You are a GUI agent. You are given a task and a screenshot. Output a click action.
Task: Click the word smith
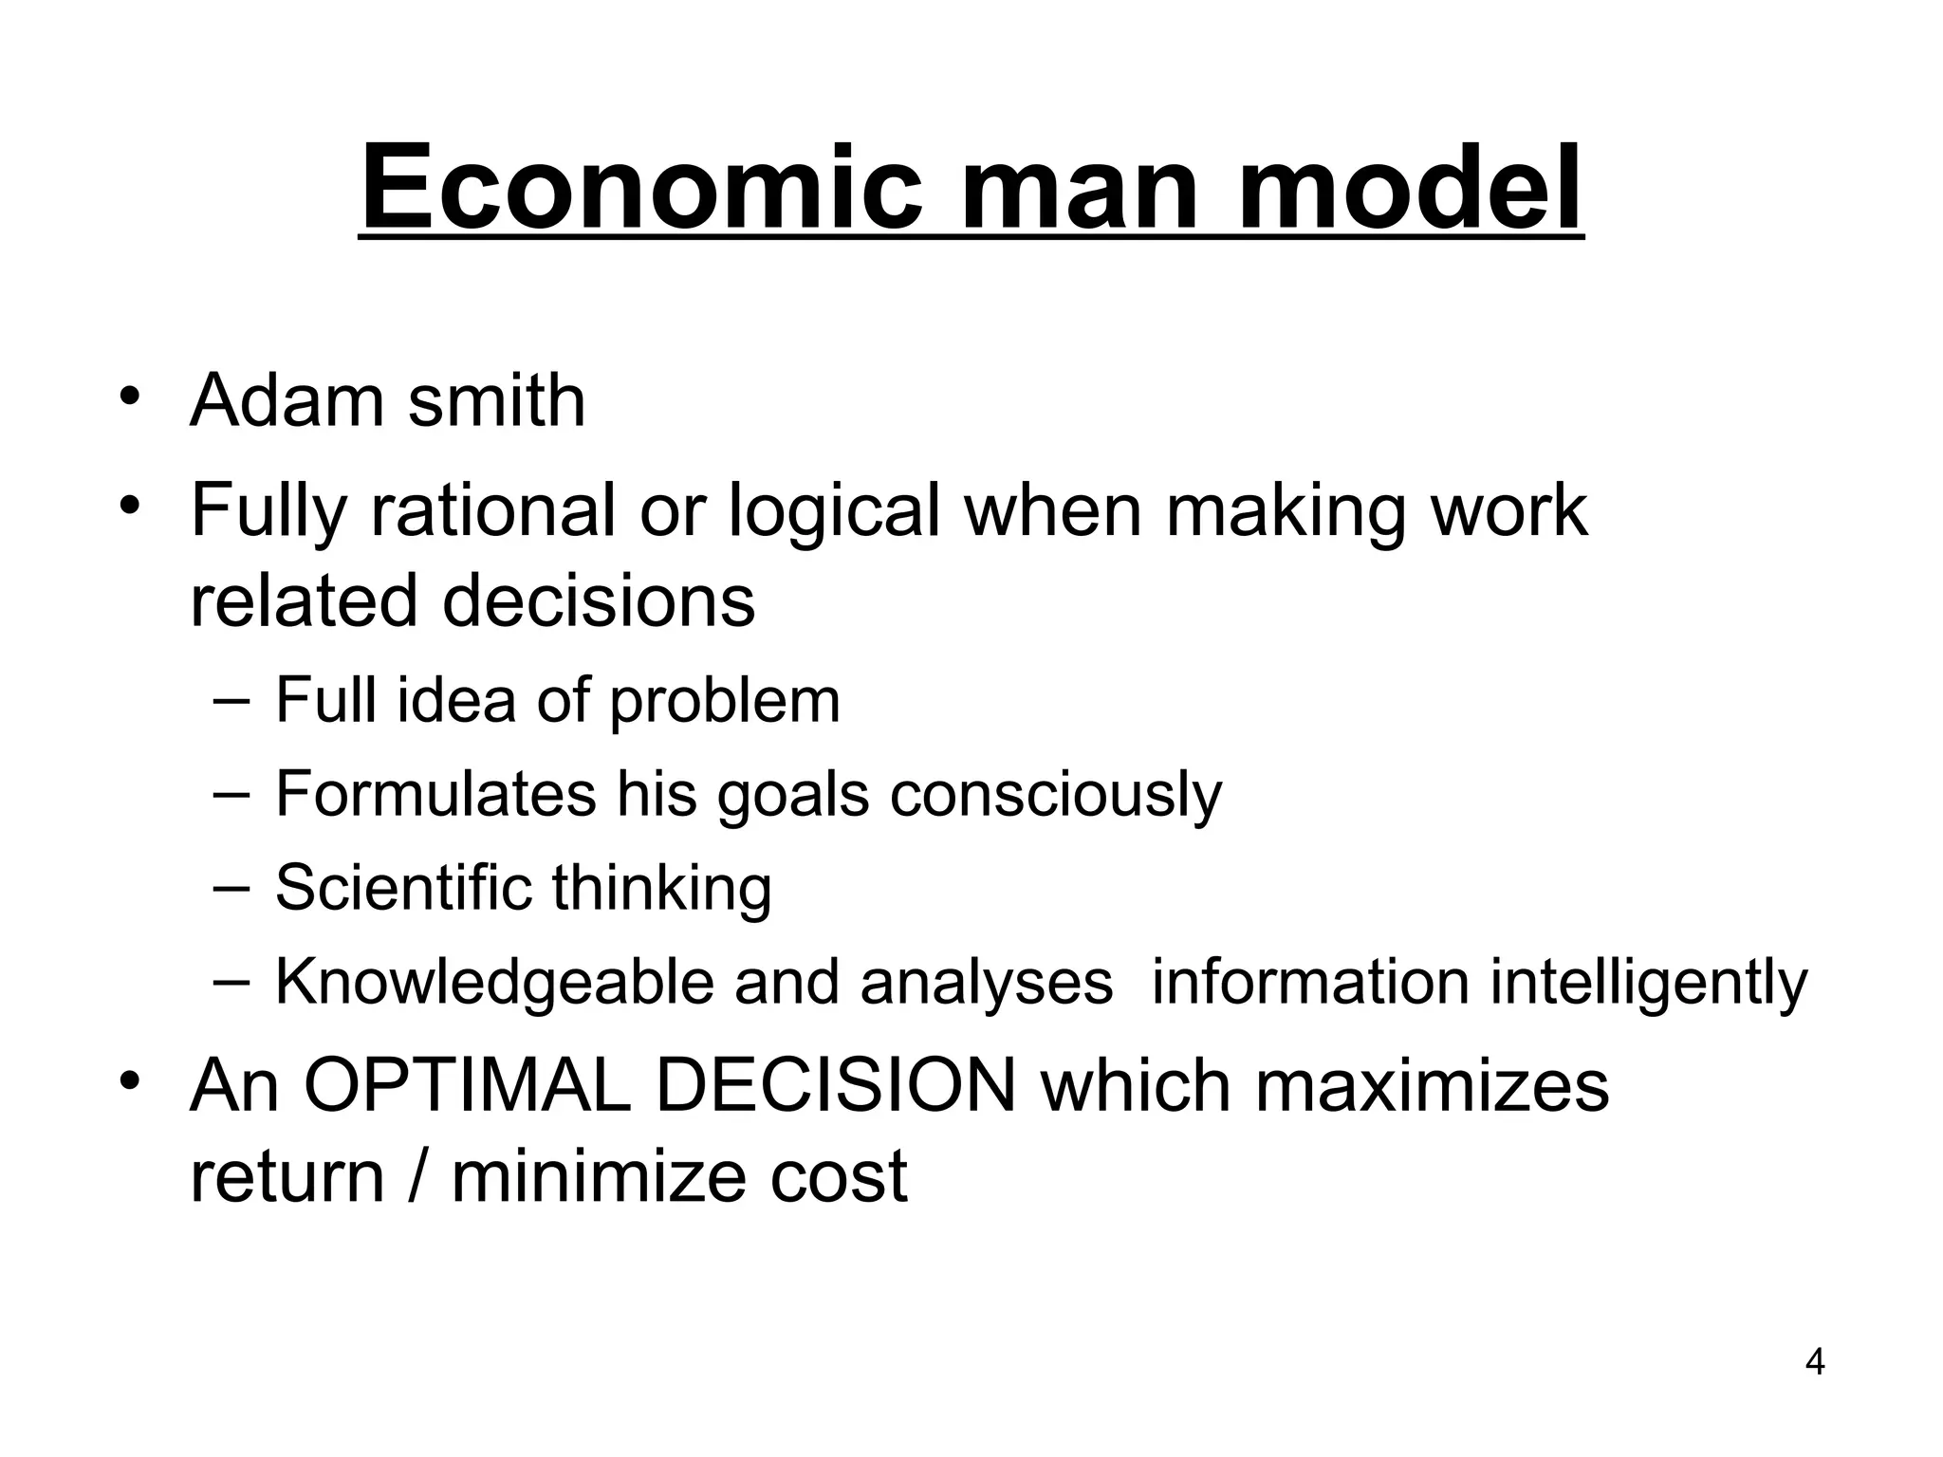click(496, 401)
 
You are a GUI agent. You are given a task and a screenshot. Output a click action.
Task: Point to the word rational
click(492, 510)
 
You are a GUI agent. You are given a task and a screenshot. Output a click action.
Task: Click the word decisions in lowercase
click(599, 601)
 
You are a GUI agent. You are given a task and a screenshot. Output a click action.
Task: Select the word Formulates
click(435, 794)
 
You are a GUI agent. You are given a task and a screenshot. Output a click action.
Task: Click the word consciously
click(1056, 796)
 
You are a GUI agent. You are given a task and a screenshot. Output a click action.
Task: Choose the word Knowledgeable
click(493, 984)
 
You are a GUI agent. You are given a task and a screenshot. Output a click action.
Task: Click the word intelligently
click(1649, 984)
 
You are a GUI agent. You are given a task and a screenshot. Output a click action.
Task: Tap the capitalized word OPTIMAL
click(467, 1086)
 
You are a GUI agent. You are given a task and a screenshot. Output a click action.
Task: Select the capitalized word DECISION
click(836, 1086)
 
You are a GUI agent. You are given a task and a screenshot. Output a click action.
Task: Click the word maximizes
click(1432, 1086)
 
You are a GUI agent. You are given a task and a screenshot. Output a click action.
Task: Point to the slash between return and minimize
click(414, 1177)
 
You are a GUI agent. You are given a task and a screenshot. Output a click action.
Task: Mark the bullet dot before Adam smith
click(130, 396)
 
